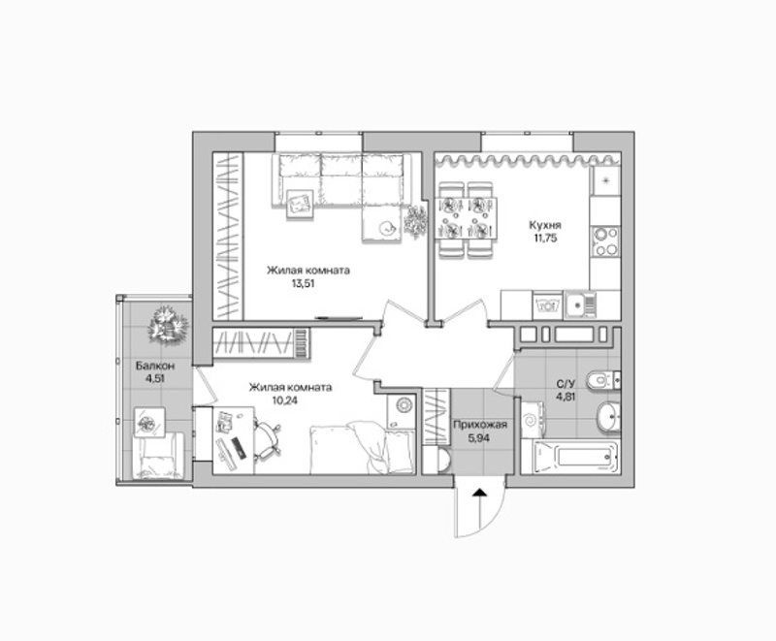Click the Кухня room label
coord(545,226)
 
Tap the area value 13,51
coord(304,284)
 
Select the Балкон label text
coord(155,367)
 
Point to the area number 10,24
coord(285,401)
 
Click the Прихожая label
coord(480,425)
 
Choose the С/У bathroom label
coord(566,384)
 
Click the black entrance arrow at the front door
coord(478,493)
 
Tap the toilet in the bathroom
coord(602,380)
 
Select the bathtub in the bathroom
coord(576,457)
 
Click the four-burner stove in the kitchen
coord(604,241)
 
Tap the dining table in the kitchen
coord(467,217)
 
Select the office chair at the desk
coord(268,437)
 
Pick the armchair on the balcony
coord(158,455)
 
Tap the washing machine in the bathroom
coord(533,420)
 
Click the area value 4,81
coord(566,397)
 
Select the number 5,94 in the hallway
coord(479,437)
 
